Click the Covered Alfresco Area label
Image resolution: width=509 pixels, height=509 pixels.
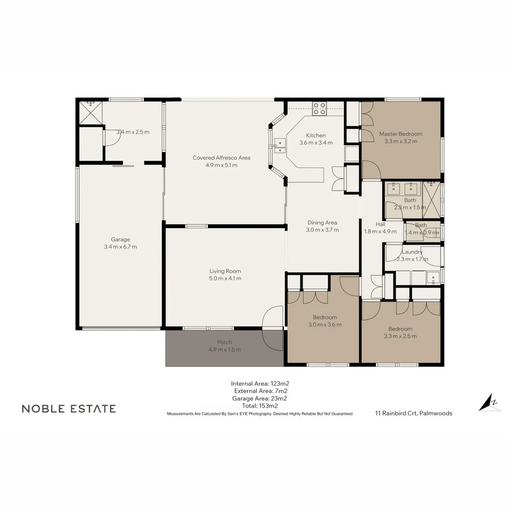coord(221,157)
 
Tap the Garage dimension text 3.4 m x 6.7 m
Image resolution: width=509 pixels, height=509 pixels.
coord(120,246)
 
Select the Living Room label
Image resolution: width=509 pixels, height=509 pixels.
coord(225,271)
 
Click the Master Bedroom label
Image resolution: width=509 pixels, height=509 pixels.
coord(401,134)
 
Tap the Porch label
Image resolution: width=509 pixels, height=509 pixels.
coord(224,342)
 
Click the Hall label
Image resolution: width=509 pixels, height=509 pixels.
coord(380,224)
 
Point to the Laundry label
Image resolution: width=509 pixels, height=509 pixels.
coord(412,252)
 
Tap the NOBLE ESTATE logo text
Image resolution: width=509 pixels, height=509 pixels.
coord(69,409)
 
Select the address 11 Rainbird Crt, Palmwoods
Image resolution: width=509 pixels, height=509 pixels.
coord(413,413)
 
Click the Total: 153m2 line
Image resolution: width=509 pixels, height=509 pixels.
coord(260,405)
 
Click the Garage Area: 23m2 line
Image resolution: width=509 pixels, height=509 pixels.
coord(260,398)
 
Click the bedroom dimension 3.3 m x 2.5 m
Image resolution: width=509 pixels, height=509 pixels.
coord(400,336)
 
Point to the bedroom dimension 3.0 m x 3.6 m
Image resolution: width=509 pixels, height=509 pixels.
coord(325,324)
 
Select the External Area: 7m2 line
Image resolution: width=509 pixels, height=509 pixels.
coord(261,391)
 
